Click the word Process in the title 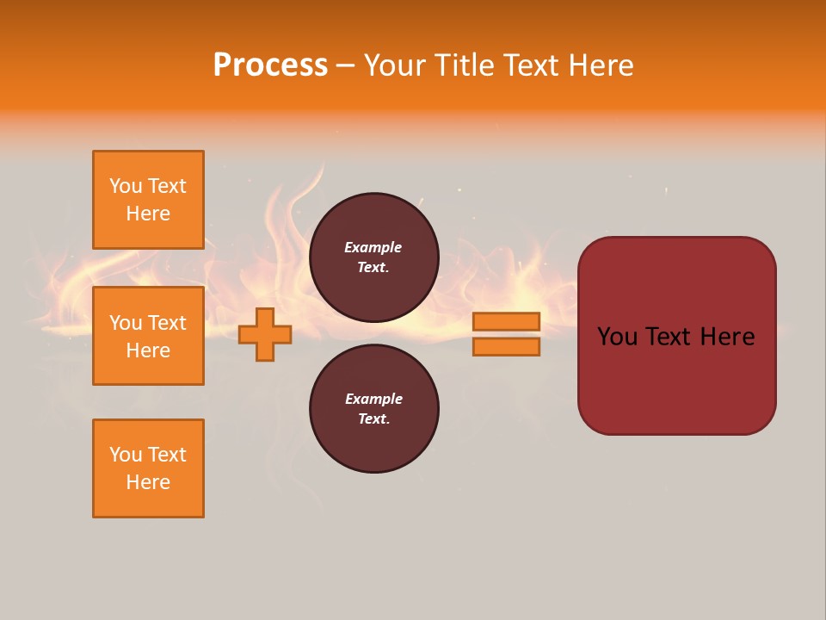270,65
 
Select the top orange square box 148,200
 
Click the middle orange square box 148,336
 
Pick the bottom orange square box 148,468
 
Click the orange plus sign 265,334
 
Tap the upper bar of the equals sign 506,321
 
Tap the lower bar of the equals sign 506,347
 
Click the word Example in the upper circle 373,247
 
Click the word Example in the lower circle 373,399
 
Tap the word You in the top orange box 126,186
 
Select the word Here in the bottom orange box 148,482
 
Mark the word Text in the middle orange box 167,323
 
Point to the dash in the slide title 346,65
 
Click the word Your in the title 396,65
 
